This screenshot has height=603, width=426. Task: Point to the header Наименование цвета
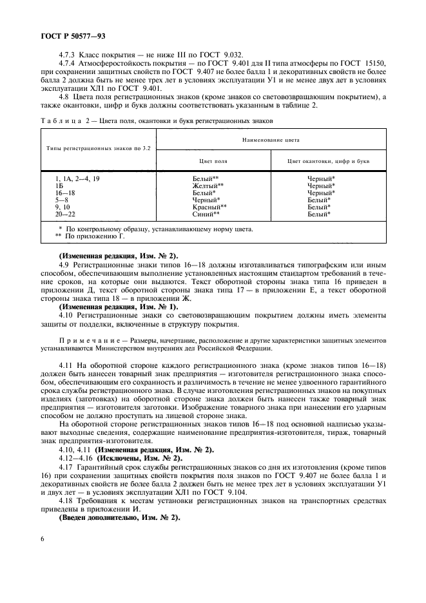pos(271,139)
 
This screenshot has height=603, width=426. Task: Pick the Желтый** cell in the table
pos(206,185)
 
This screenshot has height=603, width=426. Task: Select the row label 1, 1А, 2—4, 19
pos(77,178)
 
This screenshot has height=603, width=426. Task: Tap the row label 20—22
pos(66,213)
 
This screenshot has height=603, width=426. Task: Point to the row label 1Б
pos(60,185)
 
